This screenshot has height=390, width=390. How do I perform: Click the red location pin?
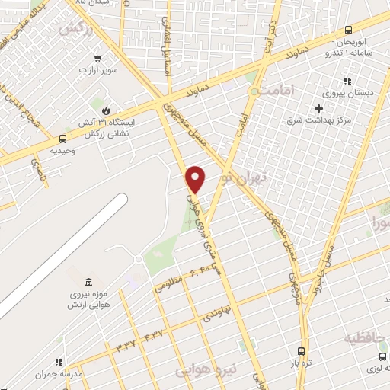pyautogui.click(x=196, y=179)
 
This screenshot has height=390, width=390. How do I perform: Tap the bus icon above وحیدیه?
pyautogui.click(x=62, y=139)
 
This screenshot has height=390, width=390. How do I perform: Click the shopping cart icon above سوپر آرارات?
pyautogui.click(x=97, y=58)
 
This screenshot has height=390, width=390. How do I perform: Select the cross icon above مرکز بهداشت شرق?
pyautogui.click(x=318, y=108)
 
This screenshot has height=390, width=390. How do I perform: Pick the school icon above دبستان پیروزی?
pyautogui.click(x=347, y=81)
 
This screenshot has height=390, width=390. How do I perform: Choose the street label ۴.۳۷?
pyautogui.click(x=152, y=335)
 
